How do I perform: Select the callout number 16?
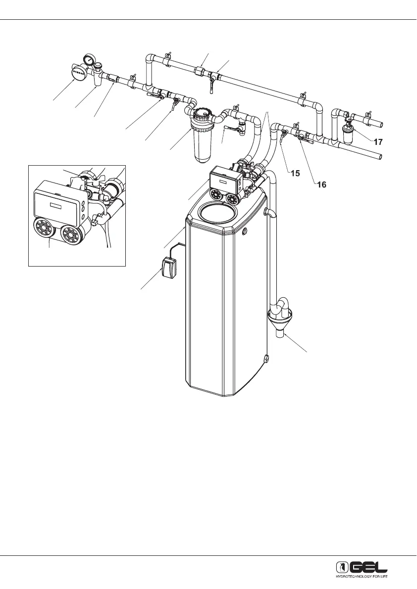(322, 185)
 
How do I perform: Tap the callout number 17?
(377, 142)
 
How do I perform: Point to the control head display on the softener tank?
(221, 181)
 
